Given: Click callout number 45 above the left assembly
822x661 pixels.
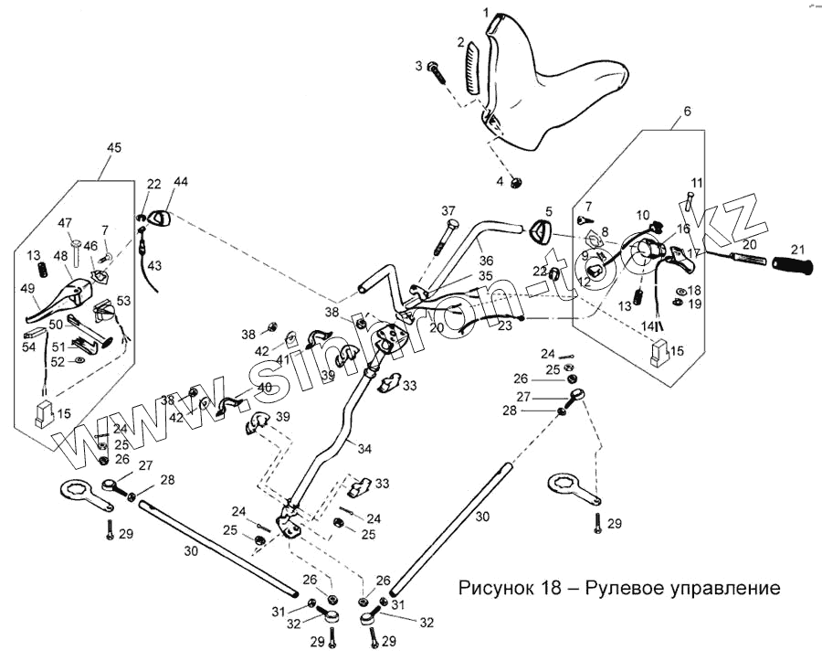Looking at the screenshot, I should [x=114, y=147].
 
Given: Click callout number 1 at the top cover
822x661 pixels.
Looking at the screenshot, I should [x=487, y=13].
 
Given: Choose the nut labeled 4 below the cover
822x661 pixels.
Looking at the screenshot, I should [x=515, y=183].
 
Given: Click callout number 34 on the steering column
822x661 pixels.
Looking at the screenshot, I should [x=365, y=449].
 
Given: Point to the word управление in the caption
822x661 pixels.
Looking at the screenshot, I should [x=719, y=587].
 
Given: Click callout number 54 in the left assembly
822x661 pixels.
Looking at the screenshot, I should [x=28, y=348].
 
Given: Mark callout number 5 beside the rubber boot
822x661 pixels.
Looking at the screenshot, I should [x=549, y=212].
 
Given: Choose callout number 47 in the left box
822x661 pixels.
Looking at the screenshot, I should [x=66, y=223].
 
